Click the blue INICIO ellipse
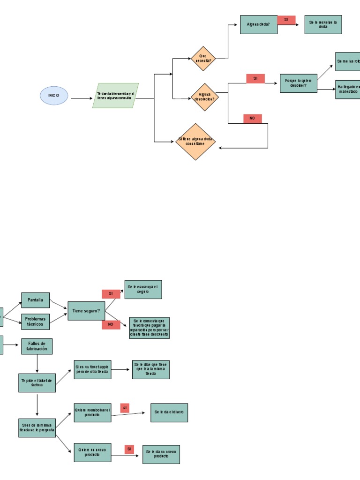click(x=54, y=95)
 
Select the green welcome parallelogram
click(x=115, y=96)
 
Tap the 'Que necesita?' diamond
click(x=203, y=59)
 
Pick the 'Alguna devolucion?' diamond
click(x=205, y=97)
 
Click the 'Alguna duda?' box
click(x=258, y=24)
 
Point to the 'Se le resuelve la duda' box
click(x=323, y=24)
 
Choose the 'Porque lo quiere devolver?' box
click(x=298, y=83)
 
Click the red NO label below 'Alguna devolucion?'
click(x=253, y=119)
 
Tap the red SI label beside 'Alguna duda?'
click(x=286, y=20)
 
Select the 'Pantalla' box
click(x=35, y=300)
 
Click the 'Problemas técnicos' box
click(x=35, y=322)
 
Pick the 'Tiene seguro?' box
click(x=86, y=311)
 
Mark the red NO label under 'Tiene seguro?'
click(x=111, y=324)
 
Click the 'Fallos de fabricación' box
click(x=37, y=346)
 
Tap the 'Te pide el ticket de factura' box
click(x=37, y=382)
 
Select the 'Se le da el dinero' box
click(x=169, y=412)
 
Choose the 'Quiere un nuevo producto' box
click(x=92, y=452)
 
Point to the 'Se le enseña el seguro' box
click(x=143, y=289)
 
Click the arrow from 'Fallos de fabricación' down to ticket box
click(x=37, y=364)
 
